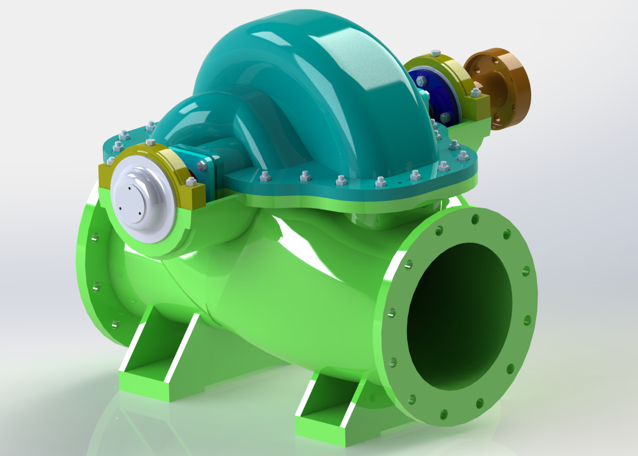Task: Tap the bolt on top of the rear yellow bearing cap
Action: click(x=435, y=53)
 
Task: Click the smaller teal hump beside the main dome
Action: click(x=192, y=117)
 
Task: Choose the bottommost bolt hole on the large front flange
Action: click(x=443, y=414)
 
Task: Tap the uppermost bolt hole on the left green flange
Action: click(x=95, y=238)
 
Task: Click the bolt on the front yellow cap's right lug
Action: click(x=192, y=182)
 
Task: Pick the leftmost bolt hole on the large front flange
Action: click(x=391, y=313)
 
